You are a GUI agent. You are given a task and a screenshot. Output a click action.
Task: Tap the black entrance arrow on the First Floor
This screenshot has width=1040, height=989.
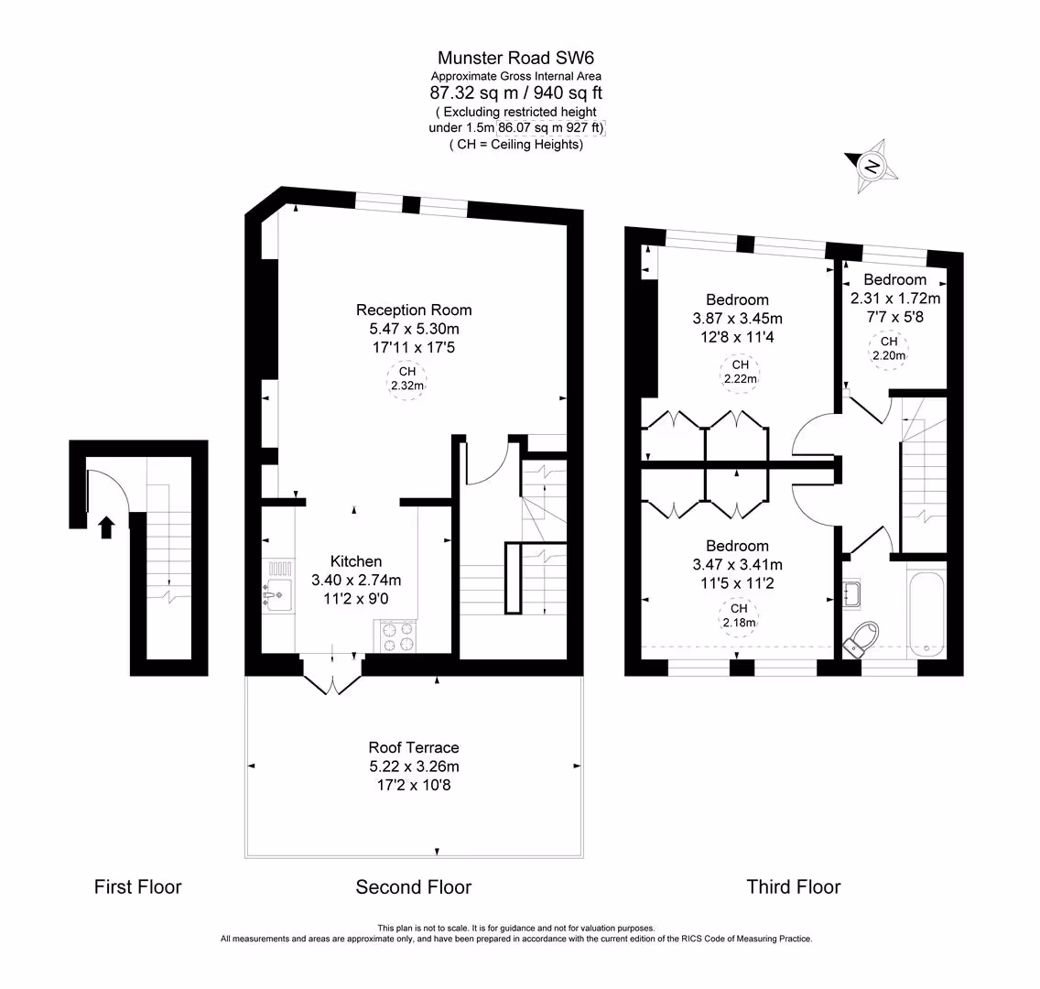point(106,527)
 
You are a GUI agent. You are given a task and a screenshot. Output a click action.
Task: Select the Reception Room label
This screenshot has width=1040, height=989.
point(414,310)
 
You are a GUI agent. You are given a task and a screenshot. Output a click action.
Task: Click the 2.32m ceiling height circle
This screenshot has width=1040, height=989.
point(407,378)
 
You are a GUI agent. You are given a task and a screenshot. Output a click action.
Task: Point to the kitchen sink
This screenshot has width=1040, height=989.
point(278,594)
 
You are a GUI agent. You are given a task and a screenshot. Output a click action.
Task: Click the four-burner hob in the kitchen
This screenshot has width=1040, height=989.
point(397,636)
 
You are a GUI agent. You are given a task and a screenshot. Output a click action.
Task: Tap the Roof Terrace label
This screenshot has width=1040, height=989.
point(414,747)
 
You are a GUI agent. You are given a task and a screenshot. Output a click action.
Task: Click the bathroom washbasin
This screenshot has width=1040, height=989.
point(851,593)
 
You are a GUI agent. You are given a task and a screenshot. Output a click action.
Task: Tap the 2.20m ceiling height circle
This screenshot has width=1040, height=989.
point(889,349)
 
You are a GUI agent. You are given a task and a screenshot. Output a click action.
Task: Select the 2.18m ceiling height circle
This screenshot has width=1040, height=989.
point(739,615)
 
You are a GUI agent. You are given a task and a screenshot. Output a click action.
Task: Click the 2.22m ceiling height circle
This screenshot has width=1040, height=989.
point(740,372)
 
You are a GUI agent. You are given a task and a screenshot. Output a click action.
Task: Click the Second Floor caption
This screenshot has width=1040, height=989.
point(414,886)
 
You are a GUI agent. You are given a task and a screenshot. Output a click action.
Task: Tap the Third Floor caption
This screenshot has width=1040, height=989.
point(793,886)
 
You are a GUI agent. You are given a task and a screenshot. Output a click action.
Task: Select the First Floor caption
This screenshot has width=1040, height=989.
point(138,886)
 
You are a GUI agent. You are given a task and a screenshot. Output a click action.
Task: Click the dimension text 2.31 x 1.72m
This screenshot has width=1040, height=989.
point(894,299)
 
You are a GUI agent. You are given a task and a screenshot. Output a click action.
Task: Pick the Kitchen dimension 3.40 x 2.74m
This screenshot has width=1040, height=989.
point(356,580)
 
